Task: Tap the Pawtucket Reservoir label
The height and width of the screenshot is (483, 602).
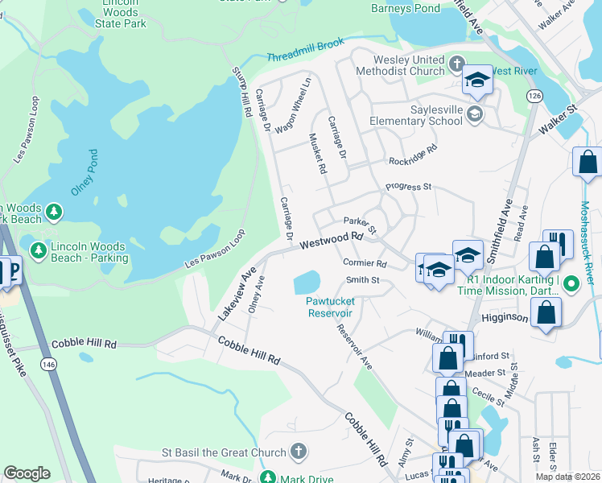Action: coord(330,307)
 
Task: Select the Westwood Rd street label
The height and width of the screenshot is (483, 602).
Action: coord(332,241)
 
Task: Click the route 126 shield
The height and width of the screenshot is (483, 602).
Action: coord(534,96)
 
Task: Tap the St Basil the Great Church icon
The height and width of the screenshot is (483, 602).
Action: coord(298,452)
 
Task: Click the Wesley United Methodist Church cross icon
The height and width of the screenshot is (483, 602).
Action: coord(457,64)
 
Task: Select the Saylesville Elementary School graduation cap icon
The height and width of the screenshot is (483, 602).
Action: coord(475,114)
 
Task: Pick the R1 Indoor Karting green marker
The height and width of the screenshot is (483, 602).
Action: coord(571,283)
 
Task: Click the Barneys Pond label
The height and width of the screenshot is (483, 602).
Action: coord(406,9)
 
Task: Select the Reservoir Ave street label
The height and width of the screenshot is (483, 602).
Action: coord(355,347)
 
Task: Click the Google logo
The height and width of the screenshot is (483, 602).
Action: coord(27,473)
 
